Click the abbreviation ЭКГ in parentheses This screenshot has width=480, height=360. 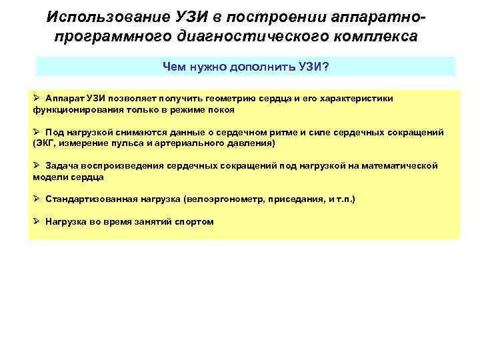click(x=46, y=143)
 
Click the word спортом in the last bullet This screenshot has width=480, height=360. click(x=194, y=221)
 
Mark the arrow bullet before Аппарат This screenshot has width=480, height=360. click(x=36, y=98)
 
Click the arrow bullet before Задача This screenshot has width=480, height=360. click(x=36, y=165)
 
